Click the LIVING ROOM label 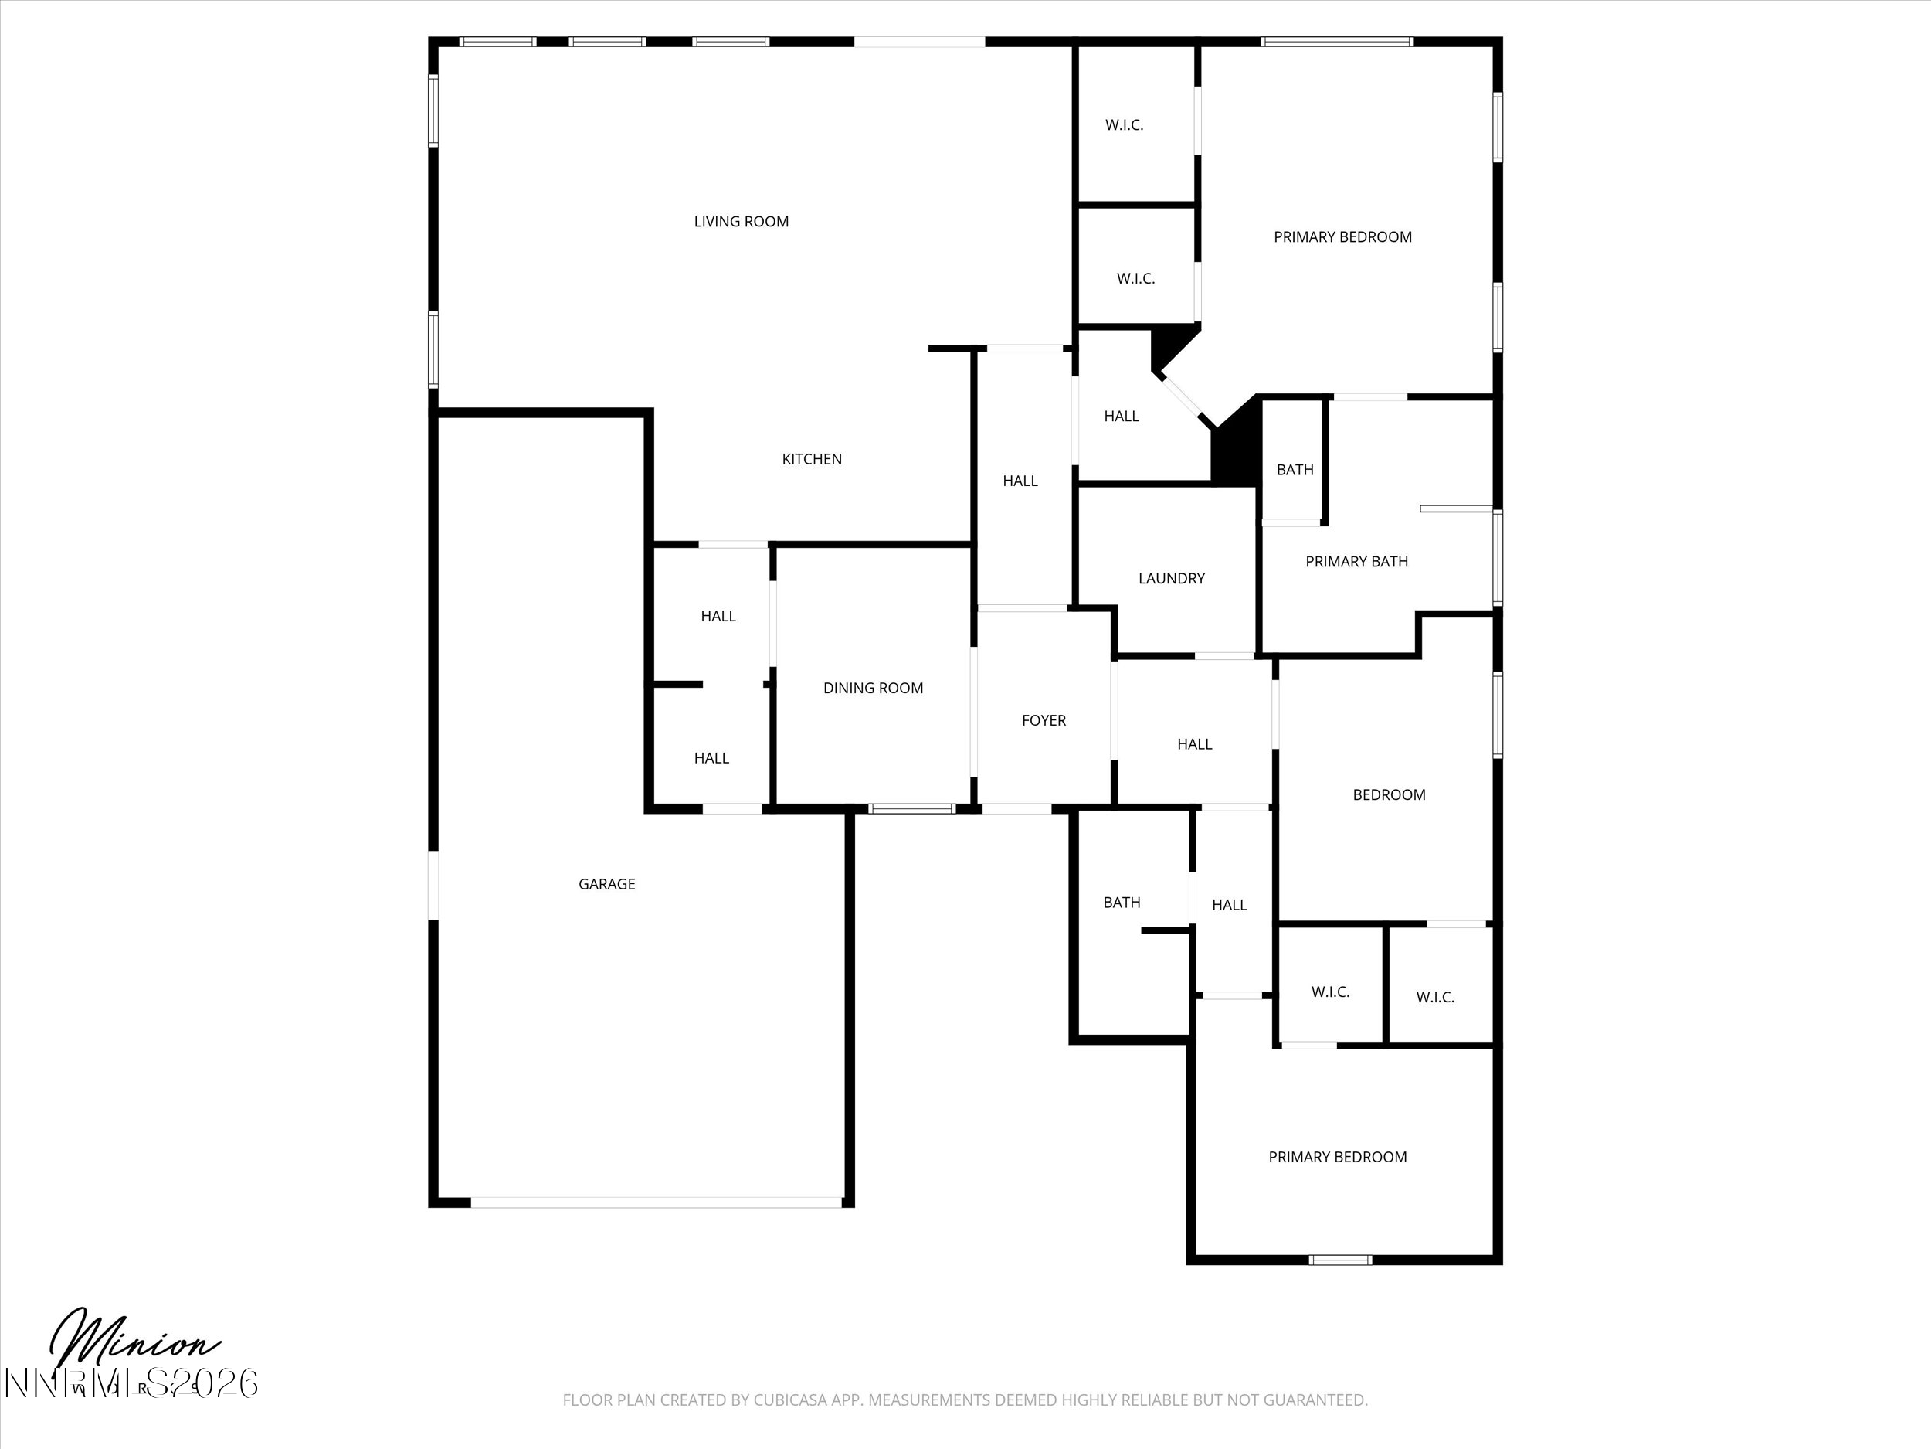tap(742, 222)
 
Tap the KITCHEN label tap(812, 459)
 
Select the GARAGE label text tap(606, 884)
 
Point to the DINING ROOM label tap(873, 689)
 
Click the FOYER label tap(1044, 720)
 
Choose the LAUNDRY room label tap(1172, 578)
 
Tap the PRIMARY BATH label tap(1356, 562)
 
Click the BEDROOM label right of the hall tap(1389, 794)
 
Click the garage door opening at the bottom tap(657, 1202)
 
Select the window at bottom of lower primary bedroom tap(1341, 1260)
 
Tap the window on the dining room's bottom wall tap(911, 809)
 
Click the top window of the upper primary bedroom tap(1336, 42)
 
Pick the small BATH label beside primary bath tap(1295, 470)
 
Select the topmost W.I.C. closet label tap(1125, 125)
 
